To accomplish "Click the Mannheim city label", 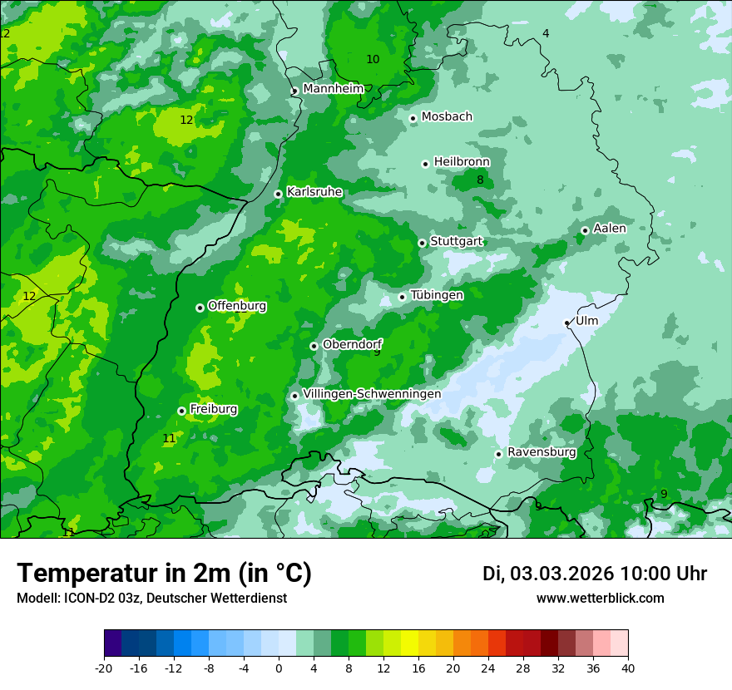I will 333,89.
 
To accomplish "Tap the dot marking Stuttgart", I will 423,243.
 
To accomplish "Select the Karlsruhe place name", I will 314,192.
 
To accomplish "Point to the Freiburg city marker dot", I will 181,411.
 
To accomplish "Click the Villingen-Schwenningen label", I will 372,394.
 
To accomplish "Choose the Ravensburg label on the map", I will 542,452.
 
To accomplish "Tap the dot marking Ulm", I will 567,323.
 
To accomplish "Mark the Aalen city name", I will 610,229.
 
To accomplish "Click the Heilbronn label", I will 462,162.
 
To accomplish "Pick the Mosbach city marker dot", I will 413,118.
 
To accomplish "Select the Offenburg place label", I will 237,306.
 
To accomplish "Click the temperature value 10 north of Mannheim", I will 373,59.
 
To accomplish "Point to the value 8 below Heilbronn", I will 480,180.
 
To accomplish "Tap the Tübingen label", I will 437,295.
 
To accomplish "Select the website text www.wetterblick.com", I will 600,599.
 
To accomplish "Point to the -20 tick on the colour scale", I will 104,668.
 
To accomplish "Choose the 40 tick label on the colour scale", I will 627,668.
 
